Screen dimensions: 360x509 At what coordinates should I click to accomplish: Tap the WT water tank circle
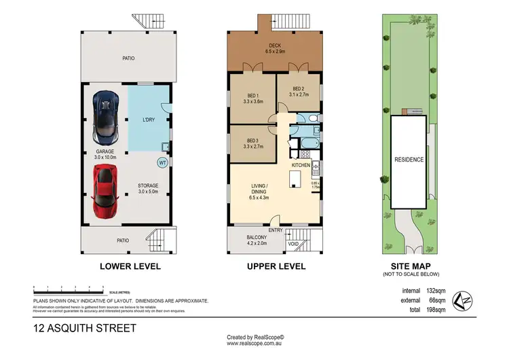162,163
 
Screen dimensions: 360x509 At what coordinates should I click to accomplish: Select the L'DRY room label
149,120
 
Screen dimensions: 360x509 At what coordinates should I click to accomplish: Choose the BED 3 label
252,143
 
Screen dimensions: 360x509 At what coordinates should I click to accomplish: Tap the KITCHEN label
301,165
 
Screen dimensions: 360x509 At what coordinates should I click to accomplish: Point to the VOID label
294,243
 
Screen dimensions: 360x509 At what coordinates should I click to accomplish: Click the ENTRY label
276,230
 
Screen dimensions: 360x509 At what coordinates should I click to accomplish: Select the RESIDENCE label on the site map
409,160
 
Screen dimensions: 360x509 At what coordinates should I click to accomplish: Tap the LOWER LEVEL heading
130,266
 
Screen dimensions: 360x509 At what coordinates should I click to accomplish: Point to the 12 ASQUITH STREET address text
85,328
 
